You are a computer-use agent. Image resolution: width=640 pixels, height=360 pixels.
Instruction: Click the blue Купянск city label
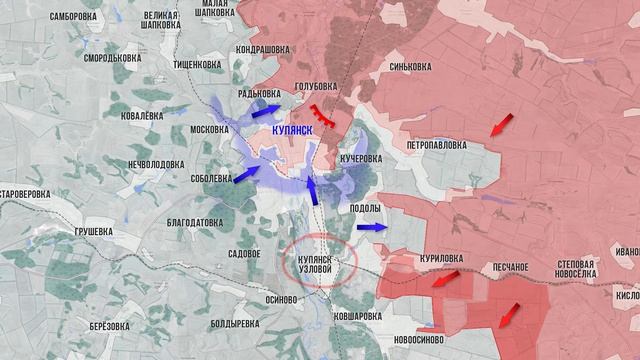tap(295, 131)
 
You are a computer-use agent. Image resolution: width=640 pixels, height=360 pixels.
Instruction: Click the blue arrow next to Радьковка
tap(266, 109)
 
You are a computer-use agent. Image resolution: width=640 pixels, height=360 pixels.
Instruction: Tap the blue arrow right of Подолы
tap(370, 228)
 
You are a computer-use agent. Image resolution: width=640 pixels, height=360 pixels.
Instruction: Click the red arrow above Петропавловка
tap(500, 125)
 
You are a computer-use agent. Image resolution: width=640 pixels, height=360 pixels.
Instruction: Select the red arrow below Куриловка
tap(444, 280)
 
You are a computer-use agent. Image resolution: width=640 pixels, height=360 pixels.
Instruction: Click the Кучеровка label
tap(361, 159)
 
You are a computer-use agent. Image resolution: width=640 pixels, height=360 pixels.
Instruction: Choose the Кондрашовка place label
tap(263, 49)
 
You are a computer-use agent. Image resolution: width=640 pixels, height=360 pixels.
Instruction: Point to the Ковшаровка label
tap(358, 315)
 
